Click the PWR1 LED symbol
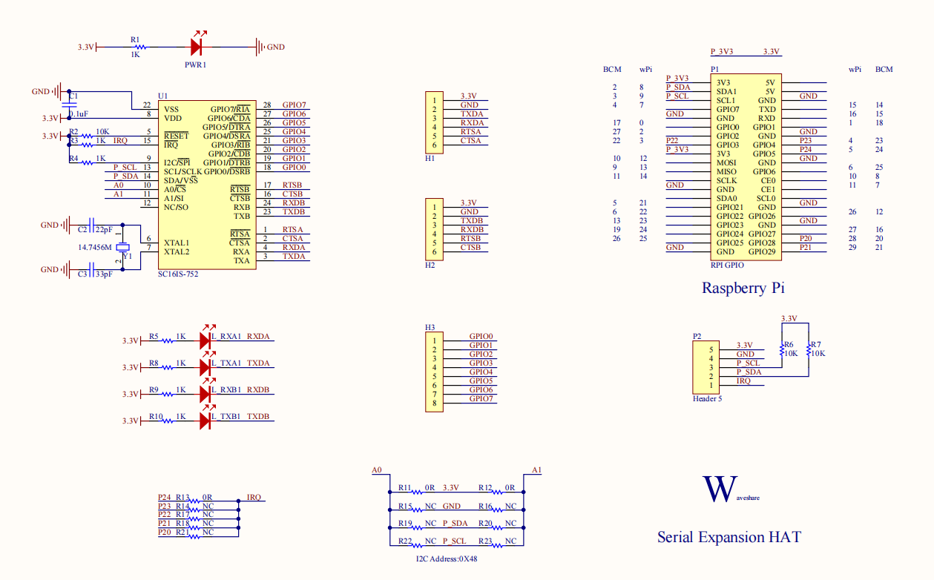[197, 47]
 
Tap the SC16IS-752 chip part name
[178, 274]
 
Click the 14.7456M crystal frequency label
[95, 247]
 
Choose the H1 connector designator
[430, 159]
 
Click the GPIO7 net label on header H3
[481, 399]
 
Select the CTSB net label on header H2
[470, 247]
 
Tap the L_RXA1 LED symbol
[205, 340]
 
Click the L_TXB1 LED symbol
[205, 421]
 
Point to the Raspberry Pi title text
[743, 288]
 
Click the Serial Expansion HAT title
[729, 537]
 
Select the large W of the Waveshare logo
[718, 490]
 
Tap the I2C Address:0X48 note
[447, 558]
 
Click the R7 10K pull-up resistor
[808, 349]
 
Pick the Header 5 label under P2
[707, 399]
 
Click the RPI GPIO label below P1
[727, 265]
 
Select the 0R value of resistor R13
[208, 497]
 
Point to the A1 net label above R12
[536, 470]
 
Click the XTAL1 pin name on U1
[177, 243]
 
